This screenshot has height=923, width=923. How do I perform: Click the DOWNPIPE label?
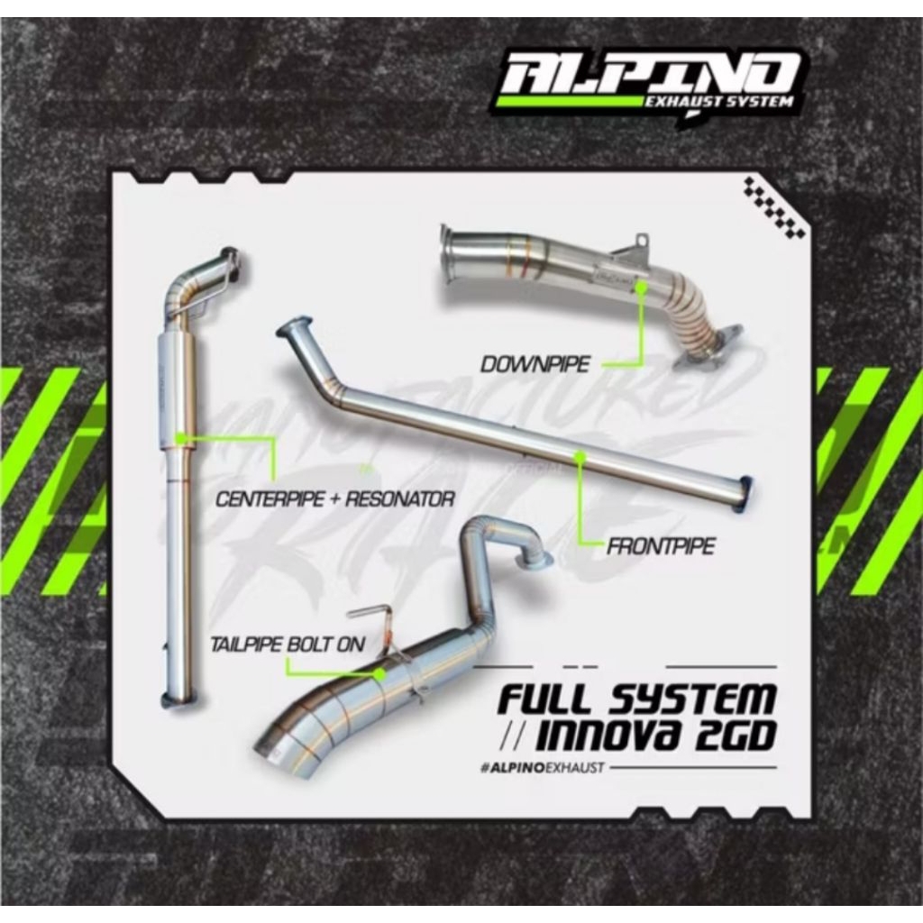click(535, 364)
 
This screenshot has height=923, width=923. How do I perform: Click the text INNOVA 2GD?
click(654, 736)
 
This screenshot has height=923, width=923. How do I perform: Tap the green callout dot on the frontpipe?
click(581, 458)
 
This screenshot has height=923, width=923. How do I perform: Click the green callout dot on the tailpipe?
click(379, 672)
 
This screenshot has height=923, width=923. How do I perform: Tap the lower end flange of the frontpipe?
click(745, 494)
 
